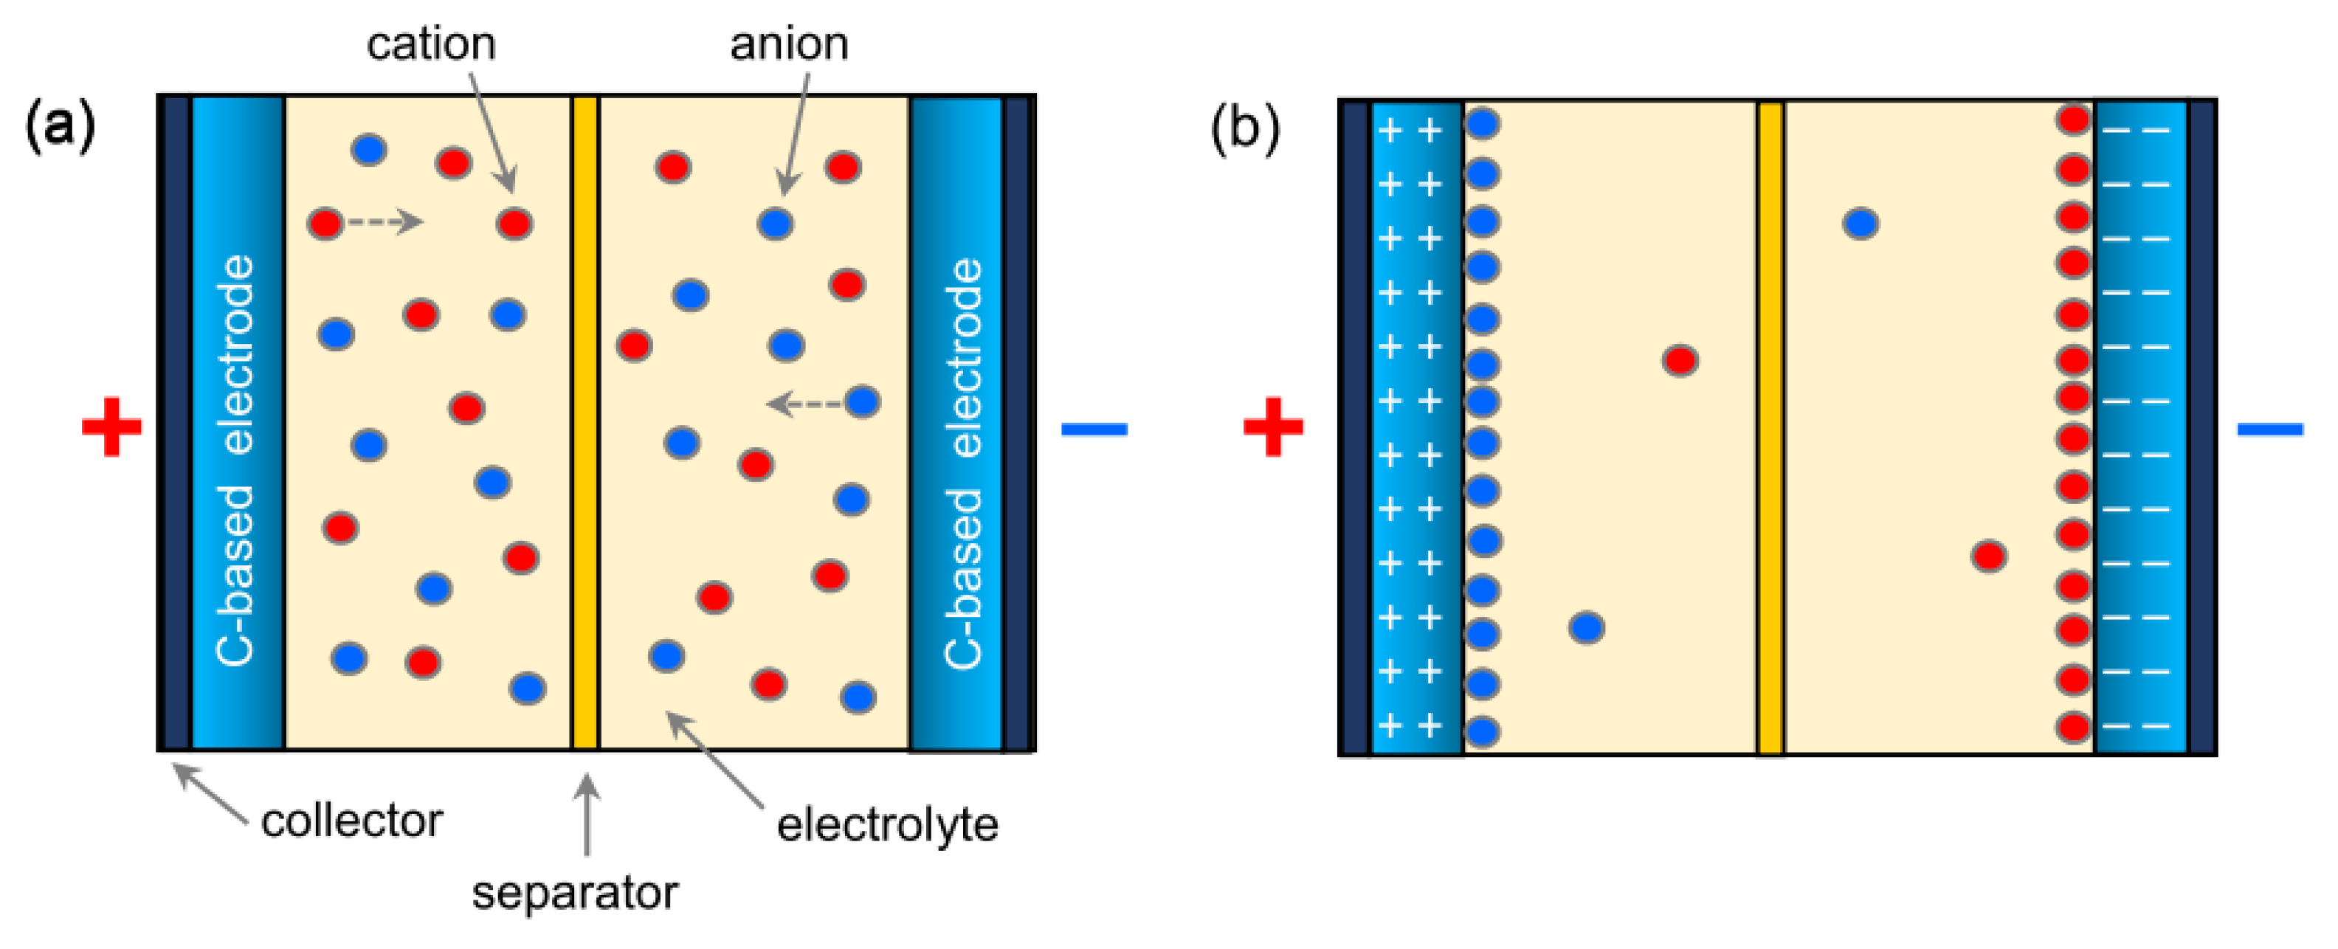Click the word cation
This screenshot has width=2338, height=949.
(431, 44)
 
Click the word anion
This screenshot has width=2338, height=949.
(789, 44)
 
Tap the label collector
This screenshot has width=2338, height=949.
(351, 821)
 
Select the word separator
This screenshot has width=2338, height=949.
(574, 893)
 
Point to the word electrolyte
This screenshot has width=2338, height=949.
(887, 825)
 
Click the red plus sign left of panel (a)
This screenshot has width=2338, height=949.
(111, 427)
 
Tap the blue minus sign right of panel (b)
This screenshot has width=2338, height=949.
(2270, 428)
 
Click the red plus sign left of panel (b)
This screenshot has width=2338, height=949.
(1272, 427)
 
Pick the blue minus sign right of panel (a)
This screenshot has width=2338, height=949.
(1094, 428)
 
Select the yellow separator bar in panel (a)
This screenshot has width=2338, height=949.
(585, 423)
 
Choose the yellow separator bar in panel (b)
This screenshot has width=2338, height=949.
(1770, 427)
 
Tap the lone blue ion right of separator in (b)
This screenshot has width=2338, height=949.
(1861, 222)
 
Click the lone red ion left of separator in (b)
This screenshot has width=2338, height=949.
(1680, 360)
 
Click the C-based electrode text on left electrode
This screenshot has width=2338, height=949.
(236, 461)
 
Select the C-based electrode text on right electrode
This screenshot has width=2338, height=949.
(964, 463)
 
